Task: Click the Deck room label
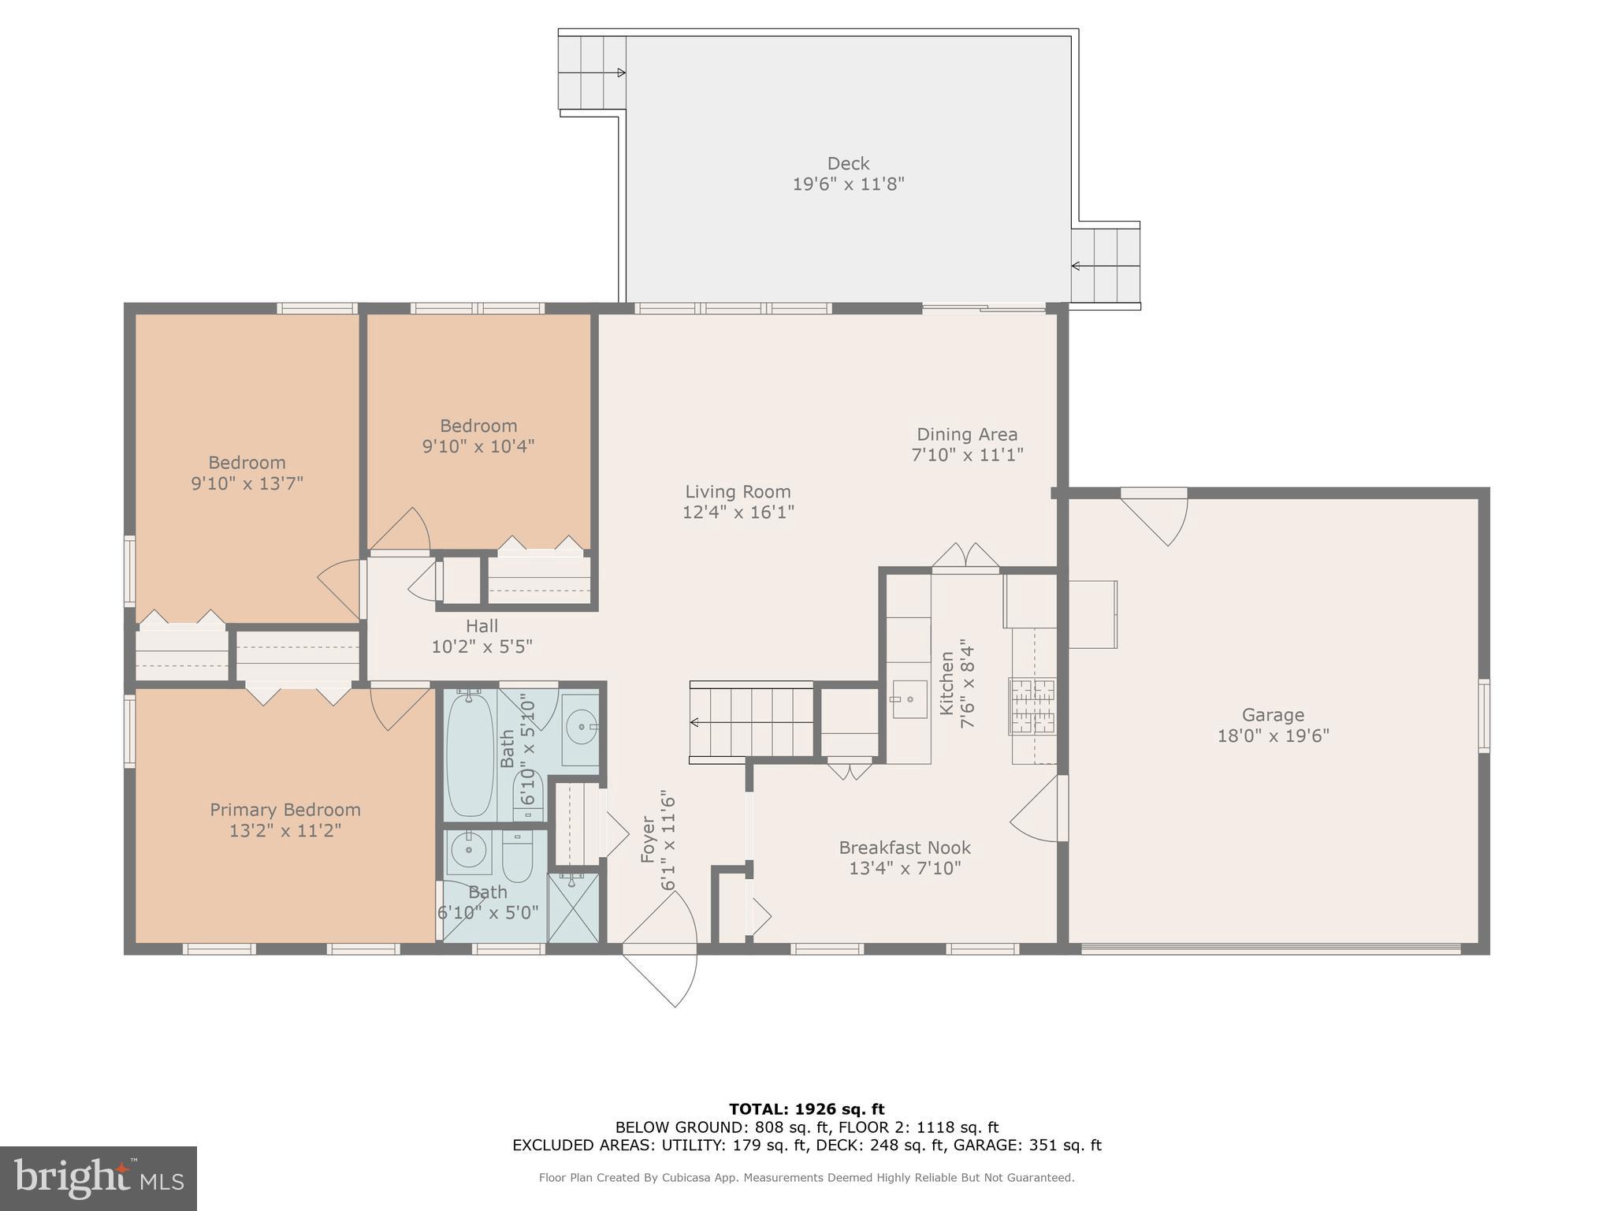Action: (x=848, y=163)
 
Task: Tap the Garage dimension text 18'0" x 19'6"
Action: (x=1273, y=736)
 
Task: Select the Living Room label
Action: (x=737, y=492)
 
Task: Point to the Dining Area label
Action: (x=966, y=434)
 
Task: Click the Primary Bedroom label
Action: (x=284, y=810)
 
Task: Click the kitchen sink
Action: (x=909, y=700)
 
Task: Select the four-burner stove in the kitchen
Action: (x=1032, y=706)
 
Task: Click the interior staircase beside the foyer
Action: (x=751, y=722)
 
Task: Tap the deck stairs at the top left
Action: (x=591, y=73)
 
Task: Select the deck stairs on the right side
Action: (x=1106, y=266)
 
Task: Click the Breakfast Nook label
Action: (x=904, y=848)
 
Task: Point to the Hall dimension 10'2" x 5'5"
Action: (x=482, y=646)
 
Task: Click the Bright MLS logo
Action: (x=99, y=1178)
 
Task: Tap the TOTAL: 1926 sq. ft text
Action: (x=806, y=1109)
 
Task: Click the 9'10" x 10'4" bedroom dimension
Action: (x=478, y=446)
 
